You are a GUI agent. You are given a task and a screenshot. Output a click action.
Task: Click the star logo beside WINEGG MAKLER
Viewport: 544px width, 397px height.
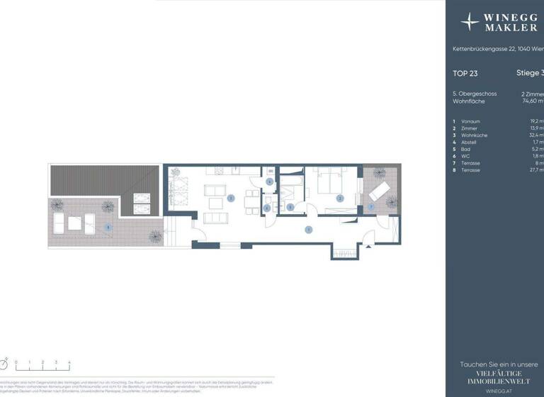pyautogui.click(x=470, y=21)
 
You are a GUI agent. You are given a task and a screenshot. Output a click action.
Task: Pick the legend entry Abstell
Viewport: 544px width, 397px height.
pyautogui.click(x=468, y=142)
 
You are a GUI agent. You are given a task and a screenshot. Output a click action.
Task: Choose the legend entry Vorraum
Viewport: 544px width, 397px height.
pyautogui.click(x=470, y=121)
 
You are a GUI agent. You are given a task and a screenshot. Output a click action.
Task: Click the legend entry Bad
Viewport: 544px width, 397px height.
pyautogui.click(x=465, y=149)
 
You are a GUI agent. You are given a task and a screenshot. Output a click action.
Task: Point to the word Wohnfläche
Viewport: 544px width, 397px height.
pyautogui.click(x=469, y=101)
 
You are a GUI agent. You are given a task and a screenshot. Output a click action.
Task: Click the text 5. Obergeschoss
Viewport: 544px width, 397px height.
pyautogui.click(x=475, y=94)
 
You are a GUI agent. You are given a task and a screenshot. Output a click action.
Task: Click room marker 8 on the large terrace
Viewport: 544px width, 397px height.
pyautogui.click(x=107, y=227)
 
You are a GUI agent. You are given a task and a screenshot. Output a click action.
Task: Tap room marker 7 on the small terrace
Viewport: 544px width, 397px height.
pyautogui.click(x=370, y=206)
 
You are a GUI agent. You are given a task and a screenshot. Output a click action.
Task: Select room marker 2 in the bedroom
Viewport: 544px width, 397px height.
pyautogui.click(x=340, y=198)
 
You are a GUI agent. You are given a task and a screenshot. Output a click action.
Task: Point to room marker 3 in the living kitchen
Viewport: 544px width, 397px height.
pyautogui.click(x=231, y=198)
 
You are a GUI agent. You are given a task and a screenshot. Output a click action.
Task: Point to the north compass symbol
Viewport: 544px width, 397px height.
pyautogui.click(x=4, y=364)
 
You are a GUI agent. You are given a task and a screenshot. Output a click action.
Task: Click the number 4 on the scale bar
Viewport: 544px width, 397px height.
pyautogui.click(x=69, y=362)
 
